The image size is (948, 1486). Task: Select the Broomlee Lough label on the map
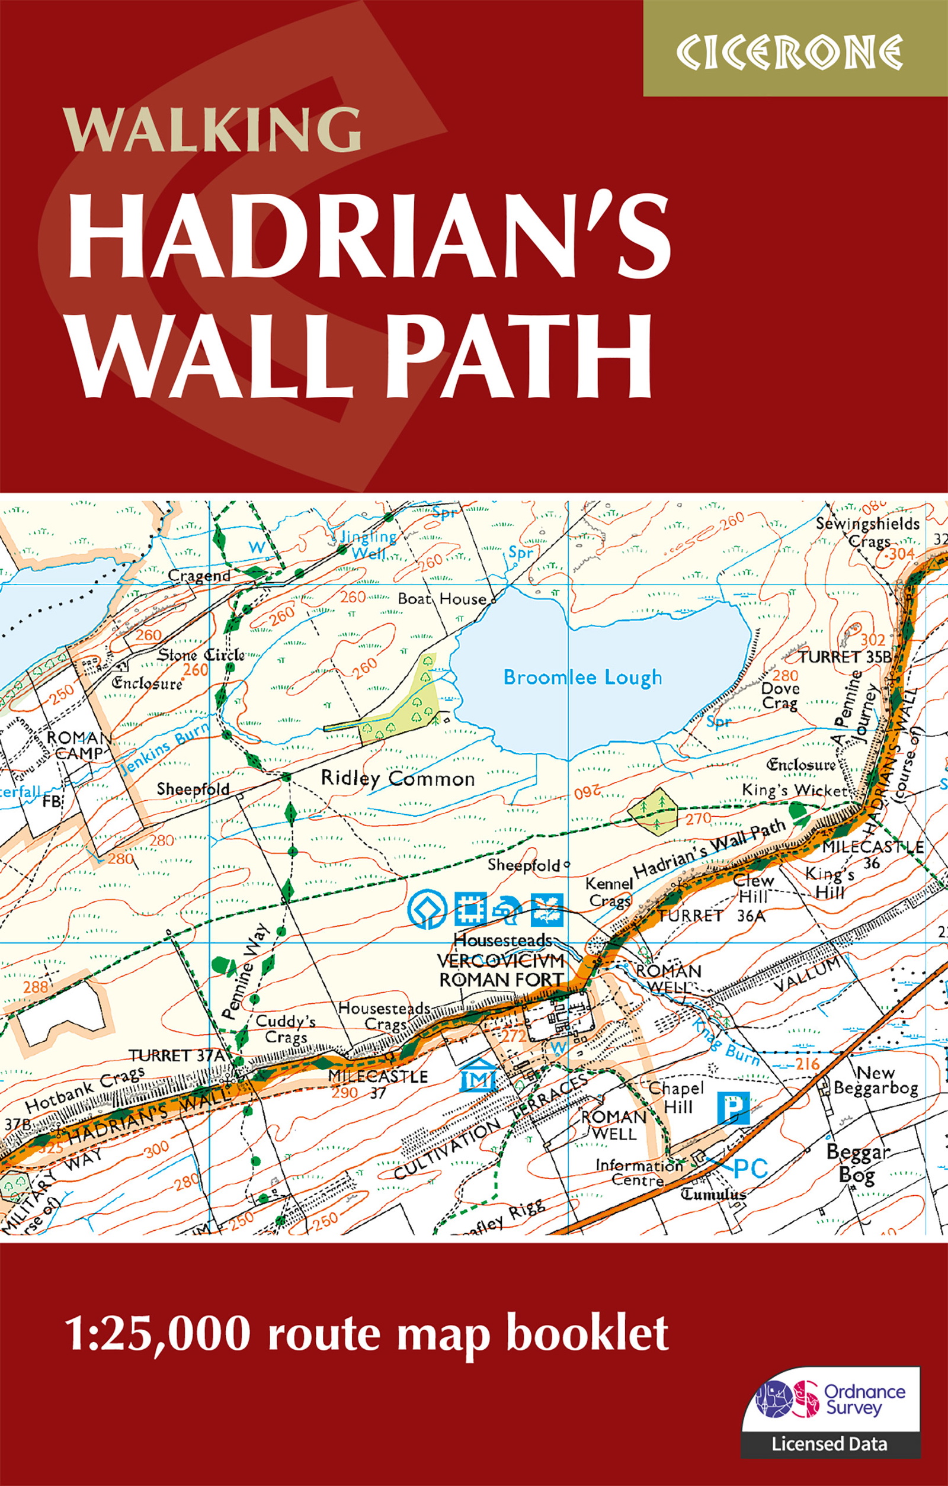click(x=582, y=678)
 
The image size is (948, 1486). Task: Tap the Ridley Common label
click(x=397, y=779)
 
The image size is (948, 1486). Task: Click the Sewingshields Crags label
click(x=868, y=532)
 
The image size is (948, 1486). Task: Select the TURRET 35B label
click(x=845, y=657)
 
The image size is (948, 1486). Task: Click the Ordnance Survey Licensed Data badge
click(x=830, y=1404)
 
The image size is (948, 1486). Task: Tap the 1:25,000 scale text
click(x=158, y=1334)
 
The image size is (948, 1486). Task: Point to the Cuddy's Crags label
click(x=285, y=1029)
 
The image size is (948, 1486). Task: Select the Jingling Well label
click(x=369, y=545)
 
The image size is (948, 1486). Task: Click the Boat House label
click(x=442, y=599)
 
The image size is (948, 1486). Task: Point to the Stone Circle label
click(x=201, y=656)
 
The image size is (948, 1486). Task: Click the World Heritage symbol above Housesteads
click(x=427, y=910)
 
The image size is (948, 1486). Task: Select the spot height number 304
click(x=901, y=554)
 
